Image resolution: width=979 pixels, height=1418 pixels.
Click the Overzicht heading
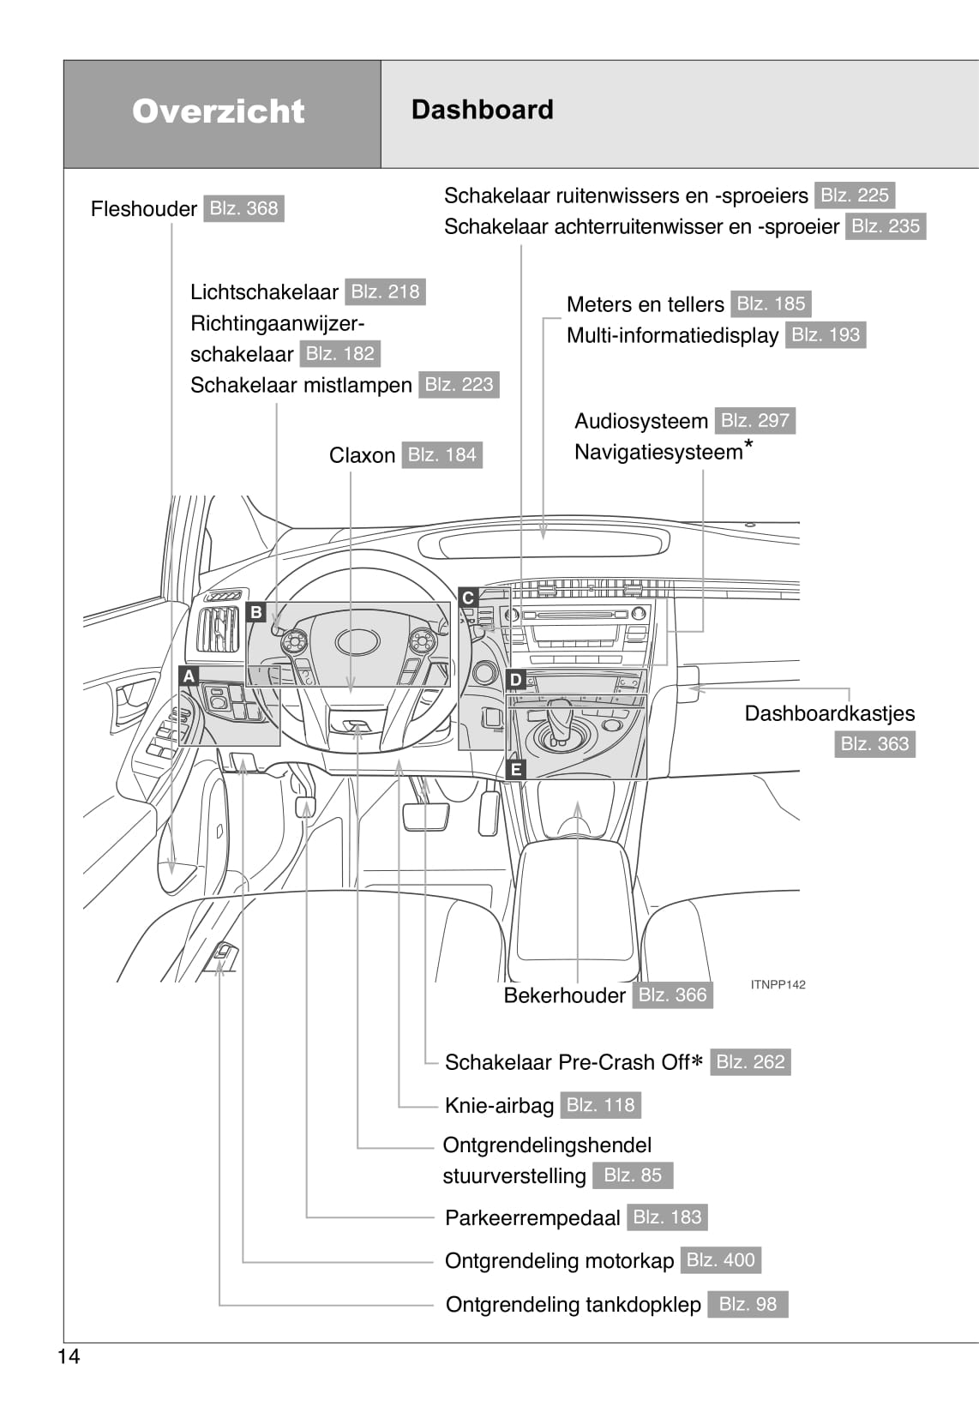coord(219,111)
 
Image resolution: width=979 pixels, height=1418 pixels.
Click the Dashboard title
coord(483,110)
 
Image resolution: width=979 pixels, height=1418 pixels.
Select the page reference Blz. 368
coord(243,208)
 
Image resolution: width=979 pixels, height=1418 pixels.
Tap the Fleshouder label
coord(144,209)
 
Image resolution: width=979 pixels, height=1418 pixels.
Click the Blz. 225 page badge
coord(855,195)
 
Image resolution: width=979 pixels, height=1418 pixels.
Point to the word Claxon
coord(362,455)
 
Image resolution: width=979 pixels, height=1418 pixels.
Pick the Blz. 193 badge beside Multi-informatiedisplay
coord(826,335)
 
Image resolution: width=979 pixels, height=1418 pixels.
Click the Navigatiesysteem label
coord(658,452)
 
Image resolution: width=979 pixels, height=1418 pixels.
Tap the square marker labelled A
coord(189,676)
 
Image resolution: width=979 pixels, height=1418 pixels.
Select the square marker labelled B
coord(256,612)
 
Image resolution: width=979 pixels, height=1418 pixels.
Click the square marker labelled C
coord(468,598)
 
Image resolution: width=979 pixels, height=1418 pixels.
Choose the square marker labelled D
coord(515,680)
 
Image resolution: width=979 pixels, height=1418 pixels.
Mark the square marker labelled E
coord(515,769)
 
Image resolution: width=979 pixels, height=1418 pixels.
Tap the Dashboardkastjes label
coord(829,713)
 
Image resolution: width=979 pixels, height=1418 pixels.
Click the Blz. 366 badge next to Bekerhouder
coord(673,994)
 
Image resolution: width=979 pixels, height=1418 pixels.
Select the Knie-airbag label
coord(499,1106)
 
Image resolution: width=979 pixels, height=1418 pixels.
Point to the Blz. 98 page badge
coord(748,1304)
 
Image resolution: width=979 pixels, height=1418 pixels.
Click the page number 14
coord(69,1356)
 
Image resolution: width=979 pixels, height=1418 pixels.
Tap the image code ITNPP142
coord(778,985)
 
